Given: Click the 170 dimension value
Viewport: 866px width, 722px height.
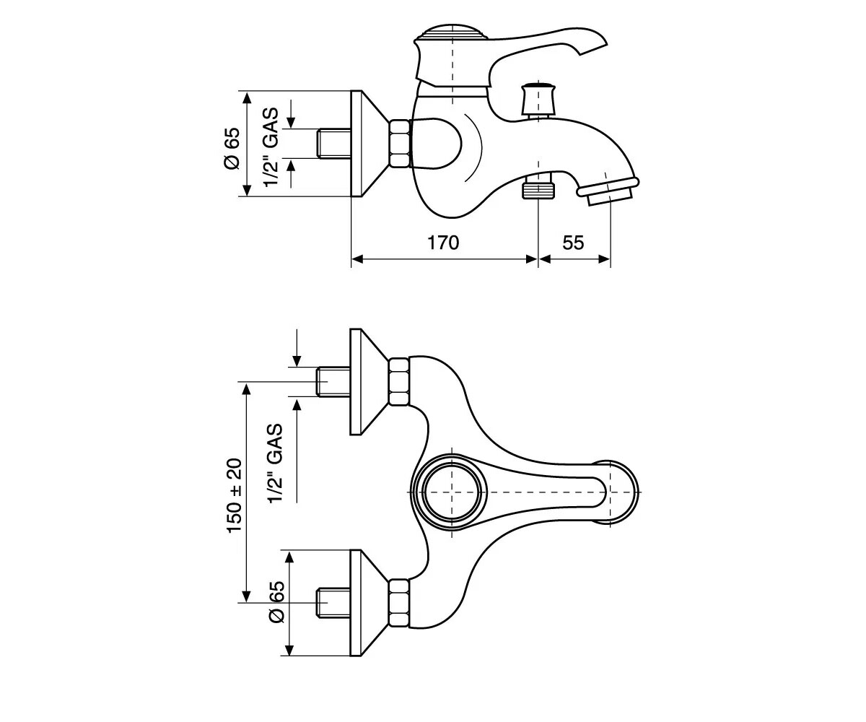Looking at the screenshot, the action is (x=443, y=243).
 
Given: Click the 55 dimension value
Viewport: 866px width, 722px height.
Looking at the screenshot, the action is (x=573, y=243).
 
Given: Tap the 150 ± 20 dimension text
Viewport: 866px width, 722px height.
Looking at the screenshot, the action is (x=235, y=496).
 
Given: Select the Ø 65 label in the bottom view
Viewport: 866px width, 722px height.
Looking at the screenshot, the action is (x=277, y=601).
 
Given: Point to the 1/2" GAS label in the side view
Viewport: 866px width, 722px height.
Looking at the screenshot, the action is (x=271, y=147).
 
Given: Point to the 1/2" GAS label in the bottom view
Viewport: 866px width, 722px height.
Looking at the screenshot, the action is (x=276, y=464).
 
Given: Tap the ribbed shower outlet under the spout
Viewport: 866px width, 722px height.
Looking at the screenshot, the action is (x=538, y=188).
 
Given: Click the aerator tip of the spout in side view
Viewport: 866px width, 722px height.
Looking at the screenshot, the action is (x=608, y=190).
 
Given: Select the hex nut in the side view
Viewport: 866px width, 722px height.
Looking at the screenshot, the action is (x=400, y=144).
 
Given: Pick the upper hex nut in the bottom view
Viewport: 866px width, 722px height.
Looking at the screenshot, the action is (x=399, y=382).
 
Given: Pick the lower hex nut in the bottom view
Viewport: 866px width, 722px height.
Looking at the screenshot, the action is (x=399, y=603).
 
